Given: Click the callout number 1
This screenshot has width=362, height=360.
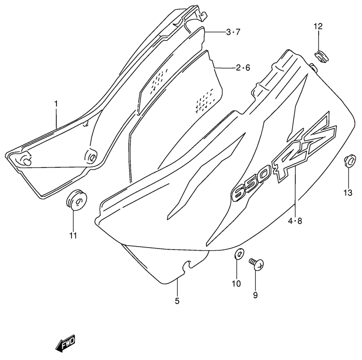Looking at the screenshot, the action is (x=56, y=104).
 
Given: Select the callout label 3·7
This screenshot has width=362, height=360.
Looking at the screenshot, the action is (x=233, y=32).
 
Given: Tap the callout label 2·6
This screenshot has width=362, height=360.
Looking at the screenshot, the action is (x=243, y=68).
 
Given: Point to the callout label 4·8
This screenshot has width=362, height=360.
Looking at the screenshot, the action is (x=295, y=222).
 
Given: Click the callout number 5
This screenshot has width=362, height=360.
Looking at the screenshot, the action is (x=177, y=301).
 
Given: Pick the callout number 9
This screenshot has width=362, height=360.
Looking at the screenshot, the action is (x=255, y=295).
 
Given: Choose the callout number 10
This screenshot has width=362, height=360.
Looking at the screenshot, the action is (x=236, y=283).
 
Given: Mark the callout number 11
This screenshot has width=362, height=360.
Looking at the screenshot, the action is (x=73, y=235).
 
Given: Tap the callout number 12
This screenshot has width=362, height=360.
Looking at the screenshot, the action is (x=318, y=27).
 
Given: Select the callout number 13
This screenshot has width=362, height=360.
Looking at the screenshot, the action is (x=348, y=193).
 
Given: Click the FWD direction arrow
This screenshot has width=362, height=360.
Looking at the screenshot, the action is (x=66, y=342).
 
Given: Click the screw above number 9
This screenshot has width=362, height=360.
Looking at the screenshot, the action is (x=256, y=264).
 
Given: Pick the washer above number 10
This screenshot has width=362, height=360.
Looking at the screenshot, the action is (x=239, y=254).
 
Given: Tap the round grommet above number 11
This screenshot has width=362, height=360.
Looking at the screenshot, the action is (x=77, y=200).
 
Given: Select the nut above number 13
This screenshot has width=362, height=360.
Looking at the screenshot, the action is (x=349, y=160).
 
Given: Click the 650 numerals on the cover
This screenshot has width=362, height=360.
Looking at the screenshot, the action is (x=250, y=185).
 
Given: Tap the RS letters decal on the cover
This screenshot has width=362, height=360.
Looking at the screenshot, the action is (x=304, y=148).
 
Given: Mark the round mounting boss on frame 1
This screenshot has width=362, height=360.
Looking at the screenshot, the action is (x=91, y=156).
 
